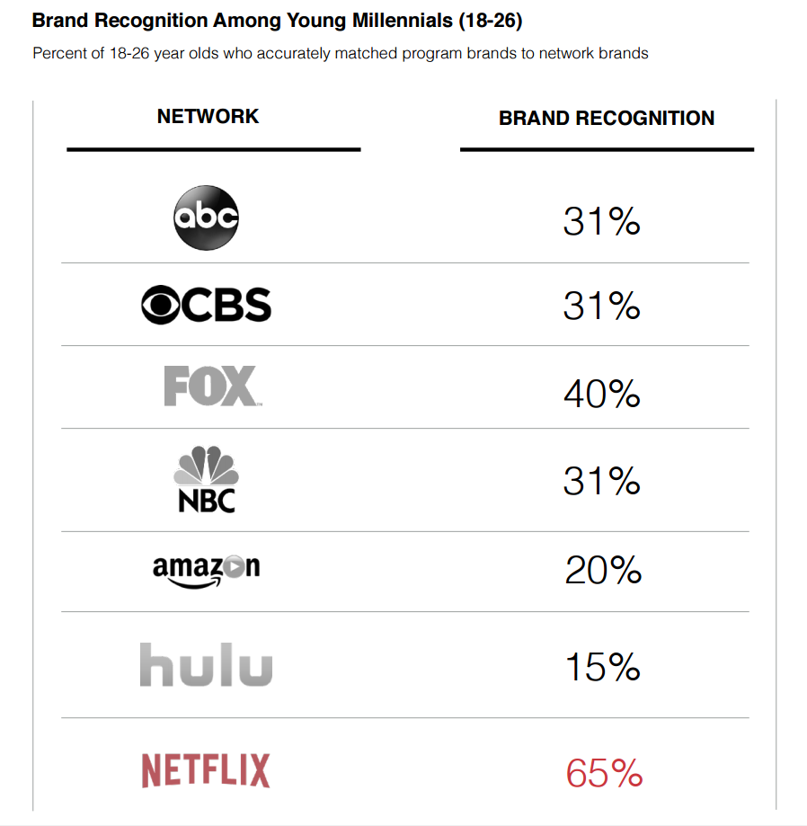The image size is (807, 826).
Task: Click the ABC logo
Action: pyautogui.click(x=206, y=218)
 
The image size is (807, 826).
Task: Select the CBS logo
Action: pyautogui.click(x=206, y=305)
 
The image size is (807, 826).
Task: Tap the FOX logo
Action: pyautogui.click(x=212, y=386)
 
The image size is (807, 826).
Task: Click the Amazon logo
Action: pyautogui.click(x=206, y=571)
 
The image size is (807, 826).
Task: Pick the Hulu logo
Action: pyautogui.click(x=206, y=665)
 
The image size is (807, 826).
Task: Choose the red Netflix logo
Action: pyautogui.click(x=206, y=771)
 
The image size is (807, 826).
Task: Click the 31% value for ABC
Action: pyautogui.click(x=601, y=220)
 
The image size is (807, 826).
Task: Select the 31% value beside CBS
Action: pyautogui.click(x=601, y=306)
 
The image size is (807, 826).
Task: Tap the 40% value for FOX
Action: pyautogui.click(x=601, y=394)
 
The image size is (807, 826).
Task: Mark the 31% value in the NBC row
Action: pyautogui.click(x=601, y=481)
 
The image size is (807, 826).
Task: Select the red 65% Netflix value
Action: pyautogui.click(x=604, y=773)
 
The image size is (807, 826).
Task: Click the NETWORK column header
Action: pyautogui.click(x=208, y=116)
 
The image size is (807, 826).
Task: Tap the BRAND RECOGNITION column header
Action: pyautogui.click(x=607, y=118)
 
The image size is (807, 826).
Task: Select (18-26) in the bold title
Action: pyautogui.click(x=490, y=20)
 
